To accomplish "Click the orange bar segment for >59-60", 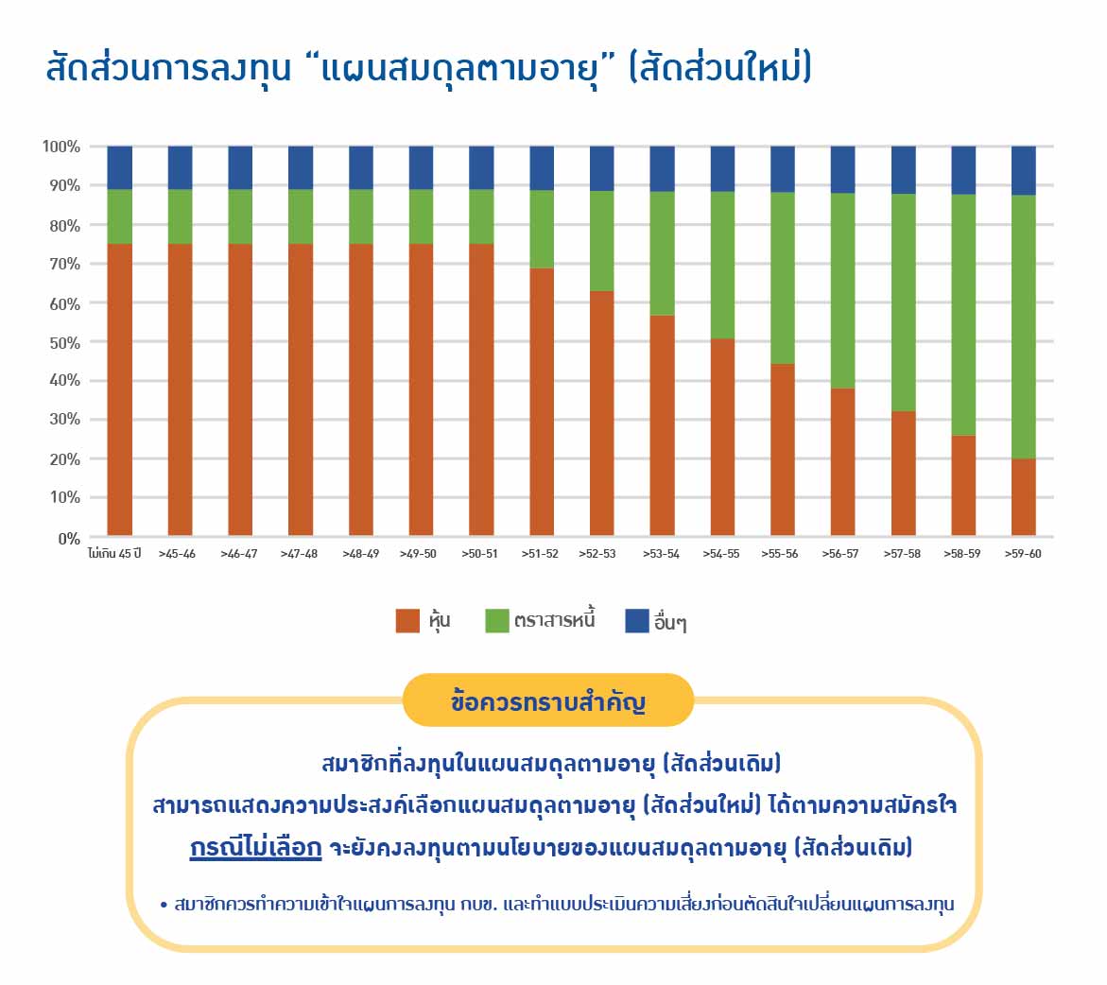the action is coord(1023,497).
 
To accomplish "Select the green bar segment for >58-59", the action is coord(963,315).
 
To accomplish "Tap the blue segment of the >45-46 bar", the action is coord(180,168).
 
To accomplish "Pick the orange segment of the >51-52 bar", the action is coord(542,402).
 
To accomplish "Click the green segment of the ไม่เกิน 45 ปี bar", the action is coord(120,216).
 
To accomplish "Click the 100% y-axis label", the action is coord(61,147).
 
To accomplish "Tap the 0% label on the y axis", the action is coord(69,540).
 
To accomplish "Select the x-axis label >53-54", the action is coord(661,554).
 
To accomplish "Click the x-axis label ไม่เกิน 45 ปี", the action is coord(114,554).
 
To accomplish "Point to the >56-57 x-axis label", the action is coord(840,554).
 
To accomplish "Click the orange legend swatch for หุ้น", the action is coord(407,621).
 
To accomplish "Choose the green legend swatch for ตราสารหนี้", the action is coord(497,621).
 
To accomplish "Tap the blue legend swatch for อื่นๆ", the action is coord(637,621).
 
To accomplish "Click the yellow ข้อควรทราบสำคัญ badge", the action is coord(548,700).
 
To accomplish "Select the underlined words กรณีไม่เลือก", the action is coord(255,847).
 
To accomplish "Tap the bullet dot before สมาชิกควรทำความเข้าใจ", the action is coord(164,906).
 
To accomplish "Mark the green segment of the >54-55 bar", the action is coord(722,266).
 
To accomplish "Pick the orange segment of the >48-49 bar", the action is coord(361,389).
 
